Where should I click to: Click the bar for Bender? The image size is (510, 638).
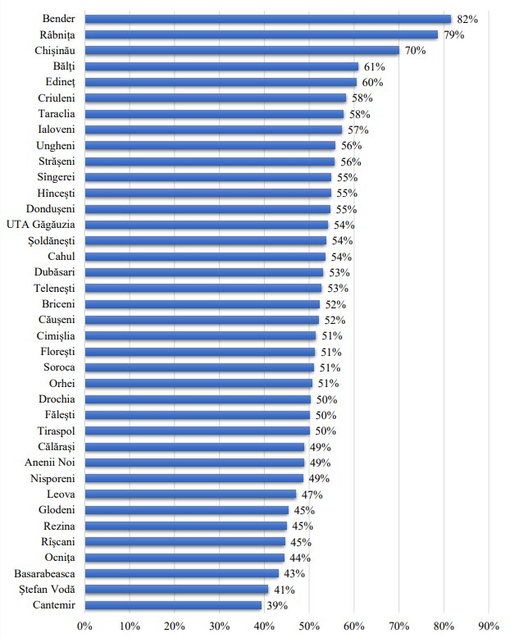[x=267, y=19]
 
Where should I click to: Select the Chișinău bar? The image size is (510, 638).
[x=241, y=50]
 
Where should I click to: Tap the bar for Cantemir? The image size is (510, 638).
[x=173, y=605]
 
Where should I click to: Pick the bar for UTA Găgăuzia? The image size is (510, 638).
[x=206, y=225]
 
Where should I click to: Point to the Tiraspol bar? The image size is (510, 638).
[x=197, y=431]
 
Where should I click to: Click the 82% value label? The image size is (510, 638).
[x=467, y=19]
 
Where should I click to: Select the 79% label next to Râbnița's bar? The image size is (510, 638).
[x=454, y=34]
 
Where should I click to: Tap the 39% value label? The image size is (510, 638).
[x=275, y=605]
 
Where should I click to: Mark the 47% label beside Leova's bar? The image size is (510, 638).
[x=311, y=494]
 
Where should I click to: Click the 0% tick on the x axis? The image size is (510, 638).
[x=84, y=626]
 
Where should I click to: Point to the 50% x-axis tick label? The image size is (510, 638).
[x=309, y=626]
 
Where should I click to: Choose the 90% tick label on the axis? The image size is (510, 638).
[x=488, y=626]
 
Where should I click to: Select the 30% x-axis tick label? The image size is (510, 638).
[x=219, y=626]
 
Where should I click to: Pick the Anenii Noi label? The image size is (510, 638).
[x=52, y=463]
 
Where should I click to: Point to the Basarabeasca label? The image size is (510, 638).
[x=46, y=573]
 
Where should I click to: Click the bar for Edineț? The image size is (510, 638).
[x=221, y=82]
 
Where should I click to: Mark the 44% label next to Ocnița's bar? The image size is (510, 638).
[x=298, y=558]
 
